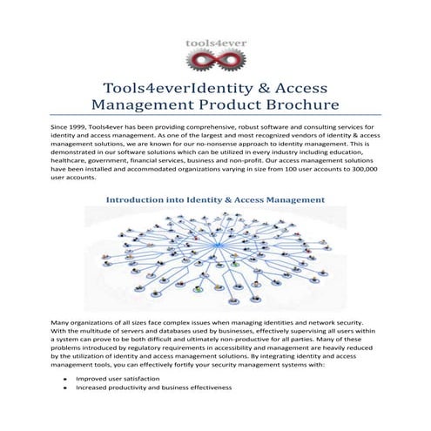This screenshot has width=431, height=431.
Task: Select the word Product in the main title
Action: click(x=198, y=105)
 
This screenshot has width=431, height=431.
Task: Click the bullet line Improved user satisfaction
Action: click(x=118, y=380)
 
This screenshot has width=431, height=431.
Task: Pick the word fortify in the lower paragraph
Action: click(x=200, y=366)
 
